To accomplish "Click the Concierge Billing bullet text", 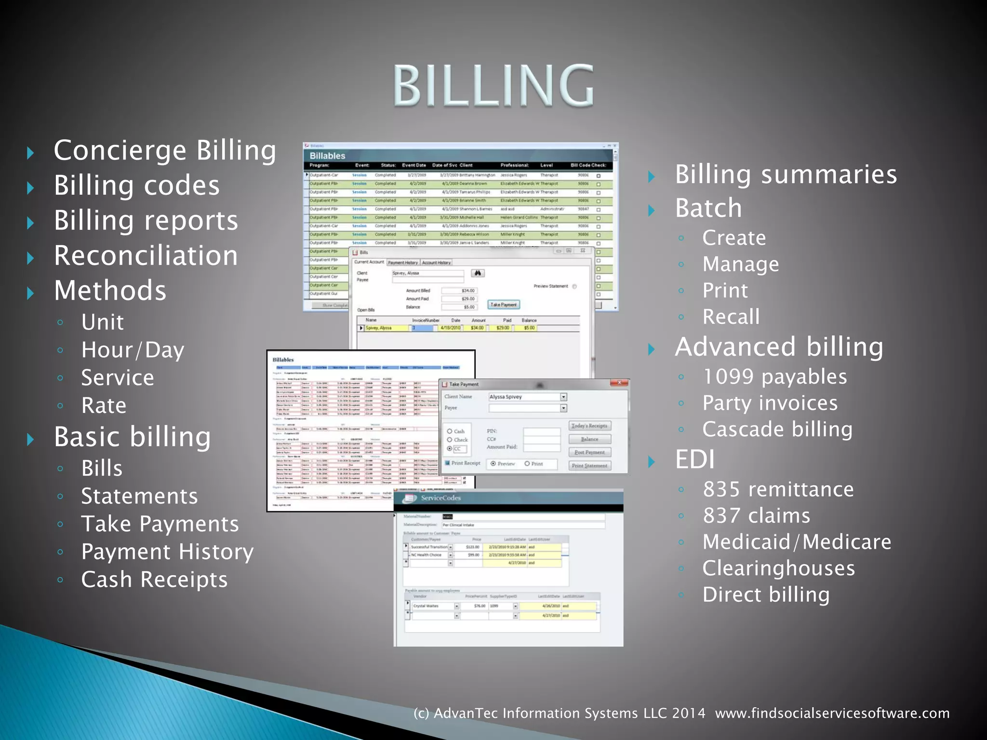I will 165,151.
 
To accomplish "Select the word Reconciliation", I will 146,256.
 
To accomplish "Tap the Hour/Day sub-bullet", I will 133,350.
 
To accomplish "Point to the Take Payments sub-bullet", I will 160,524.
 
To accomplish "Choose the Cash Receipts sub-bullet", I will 154,580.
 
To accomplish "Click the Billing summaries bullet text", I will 786,174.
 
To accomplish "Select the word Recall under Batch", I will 731,317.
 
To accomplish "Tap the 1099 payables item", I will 774,377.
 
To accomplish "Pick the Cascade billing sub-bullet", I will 777,429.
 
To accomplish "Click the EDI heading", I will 695,460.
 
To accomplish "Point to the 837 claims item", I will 756,516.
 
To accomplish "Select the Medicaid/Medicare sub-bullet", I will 797,542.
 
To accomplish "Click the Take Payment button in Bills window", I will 503,304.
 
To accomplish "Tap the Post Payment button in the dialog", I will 589,452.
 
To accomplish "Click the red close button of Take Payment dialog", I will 619,383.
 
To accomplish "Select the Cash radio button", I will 450,431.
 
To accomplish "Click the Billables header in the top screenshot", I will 327,156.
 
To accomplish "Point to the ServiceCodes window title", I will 440,498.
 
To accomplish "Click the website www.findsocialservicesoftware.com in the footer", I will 832,713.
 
